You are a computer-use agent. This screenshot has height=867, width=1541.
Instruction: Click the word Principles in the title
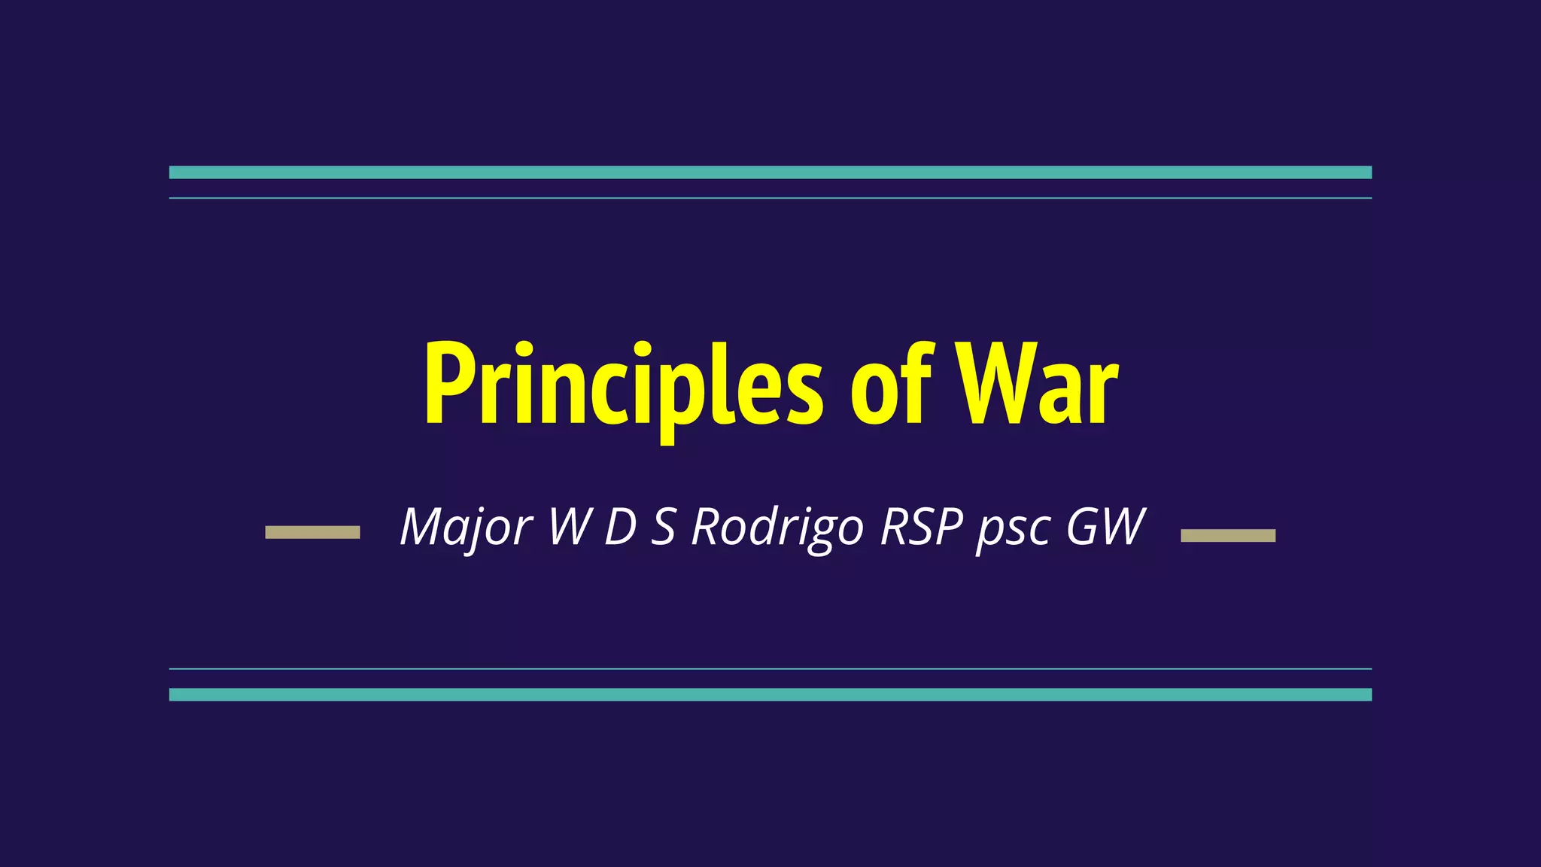(x=623, y=385)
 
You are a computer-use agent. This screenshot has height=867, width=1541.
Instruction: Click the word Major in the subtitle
(x=467, y=527)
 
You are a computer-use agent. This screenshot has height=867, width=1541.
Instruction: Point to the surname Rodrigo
(x=777, y=527)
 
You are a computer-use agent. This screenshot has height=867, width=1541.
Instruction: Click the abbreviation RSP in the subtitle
(x=922, y=527)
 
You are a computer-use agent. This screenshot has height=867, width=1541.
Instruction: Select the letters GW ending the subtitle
(x=1106, y=527)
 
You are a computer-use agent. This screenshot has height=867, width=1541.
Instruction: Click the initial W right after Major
(x=569, y=527)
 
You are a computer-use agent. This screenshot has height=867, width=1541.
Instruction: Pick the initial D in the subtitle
(x=622, y=527)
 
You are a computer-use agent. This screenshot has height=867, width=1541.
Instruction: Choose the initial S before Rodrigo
(x=663, y=527)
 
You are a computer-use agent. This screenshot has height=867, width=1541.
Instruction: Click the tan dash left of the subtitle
(x=312, y=532)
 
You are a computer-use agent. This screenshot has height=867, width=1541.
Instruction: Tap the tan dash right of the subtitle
(x=1228, y=535)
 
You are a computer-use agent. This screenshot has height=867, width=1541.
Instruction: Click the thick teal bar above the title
(x=770, y=172)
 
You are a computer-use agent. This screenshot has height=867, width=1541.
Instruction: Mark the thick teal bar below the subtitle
(x=770, y=695)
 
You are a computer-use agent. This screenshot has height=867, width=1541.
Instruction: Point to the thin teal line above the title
(x=770, y=198)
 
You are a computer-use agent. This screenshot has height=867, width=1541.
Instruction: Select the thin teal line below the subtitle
(x=770, y=668)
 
